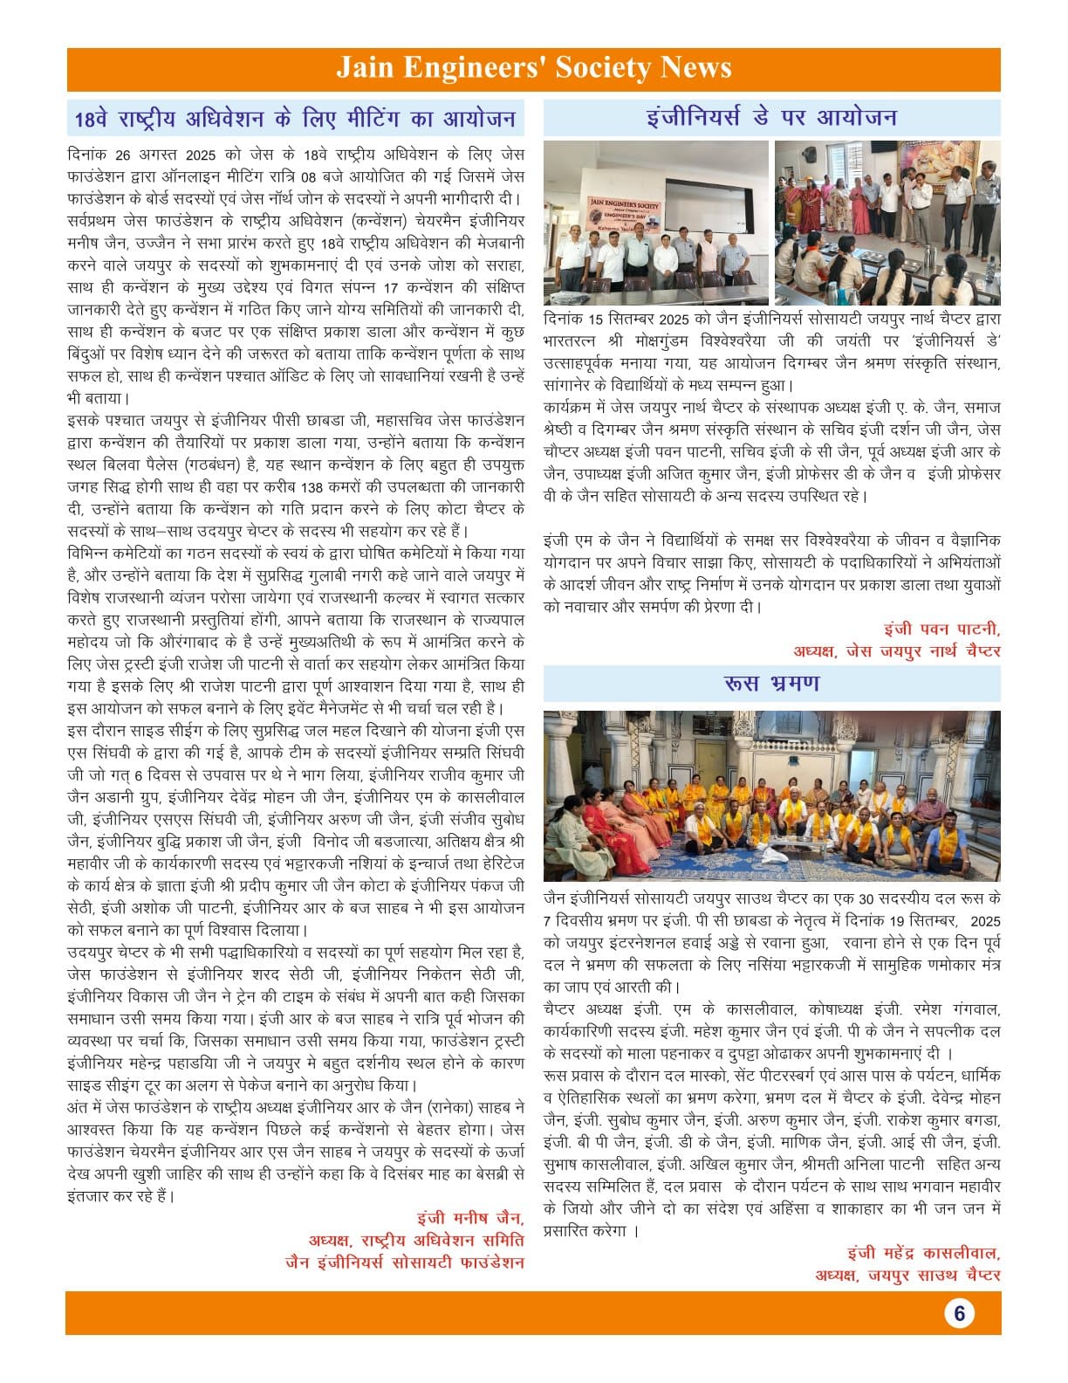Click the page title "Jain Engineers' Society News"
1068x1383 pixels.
click(x=533, y=68)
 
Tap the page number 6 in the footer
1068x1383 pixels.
click(x=959, y=1313)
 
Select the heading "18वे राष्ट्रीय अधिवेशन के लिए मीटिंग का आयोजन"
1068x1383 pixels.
click(x=295, y=118)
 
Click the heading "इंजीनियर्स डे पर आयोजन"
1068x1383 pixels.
click(x=771, y=117)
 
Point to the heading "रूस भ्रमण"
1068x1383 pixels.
click(x=771, y=683)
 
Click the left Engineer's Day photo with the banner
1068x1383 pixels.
click(x=655, y=223)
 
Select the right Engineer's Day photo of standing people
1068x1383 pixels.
click(x=887, y=223)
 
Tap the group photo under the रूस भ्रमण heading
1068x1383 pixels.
click(x=771, y=795)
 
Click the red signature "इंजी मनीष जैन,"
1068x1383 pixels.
click(x=470, y=1218)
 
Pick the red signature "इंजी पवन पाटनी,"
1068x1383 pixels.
click(x=941, y=629)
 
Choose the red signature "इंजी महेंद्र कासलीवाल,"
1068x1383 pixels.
click(x=923, y=1253)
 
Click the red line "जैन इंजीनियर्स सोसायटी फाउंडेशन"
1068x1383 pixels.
click(x=405, y=1263)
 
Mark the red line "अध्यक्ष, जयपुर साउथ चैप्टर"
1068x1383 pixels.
click(x=907, y=1276)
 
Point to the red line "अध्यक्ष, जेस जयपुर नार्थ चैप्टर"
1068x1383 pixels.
click(x=896, y=650)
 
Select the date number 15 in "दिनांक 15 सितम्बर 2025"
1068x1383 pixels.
click(x=596, y=319)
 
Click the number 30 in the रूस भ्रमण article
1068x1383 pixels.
click(x=866, y=898)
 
